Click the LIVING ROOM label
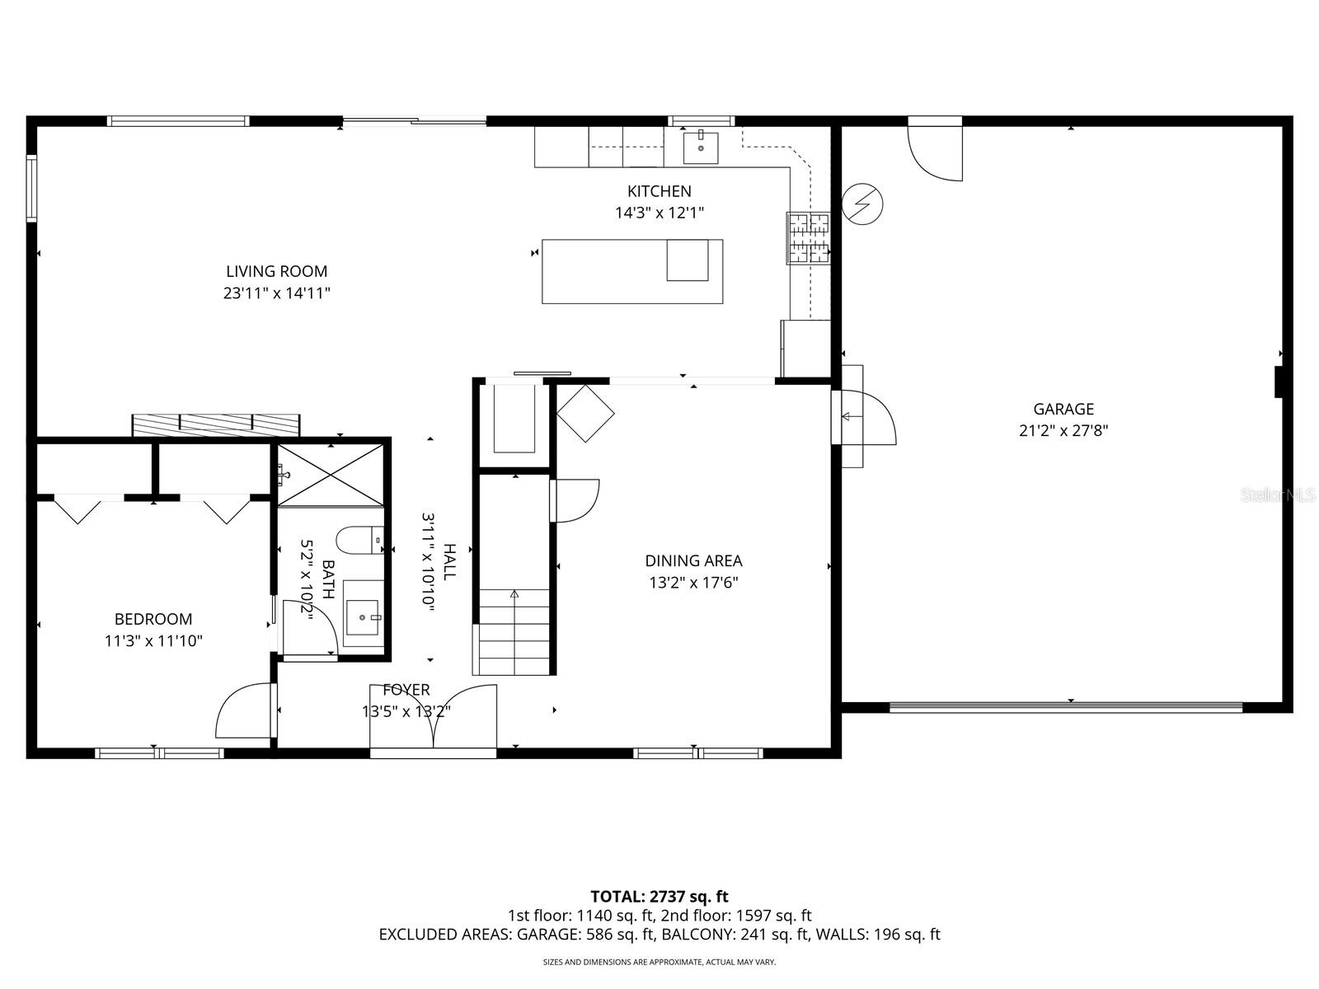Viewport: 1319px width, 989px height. coord(276,271)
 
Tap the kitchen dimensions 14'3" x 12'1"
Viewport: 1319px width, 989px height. coord(659,213)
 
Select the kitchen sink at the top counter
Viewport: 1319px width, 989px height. coord(701,148)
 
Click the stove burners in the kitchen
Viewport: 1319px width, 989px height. coord(808,238)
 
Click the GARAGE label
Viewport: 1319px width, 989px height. coord(1063,409)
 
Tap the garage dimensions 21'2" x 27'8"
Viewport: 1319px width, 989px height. coord(1063,430)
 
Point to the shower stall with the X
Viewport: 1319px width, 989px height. coord(330,475)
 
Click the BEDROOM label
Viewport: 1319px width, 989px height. coord(153,619)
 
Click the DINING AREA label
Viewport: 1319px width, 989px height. coord(693,561)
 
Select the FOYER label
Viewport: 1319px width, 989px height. coord(406,691)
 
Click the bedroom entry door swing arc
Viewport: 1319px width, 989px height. coord(243,710)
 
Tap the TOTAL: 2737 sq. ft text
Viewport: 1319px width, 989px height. coord(659,896)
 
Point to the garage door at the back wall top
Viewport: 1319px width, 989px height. coord(936,149)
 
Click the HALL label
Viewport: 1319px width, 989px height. coord(449,561)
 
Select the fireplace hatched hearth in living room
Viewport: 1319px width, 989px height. coord(216,425)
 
